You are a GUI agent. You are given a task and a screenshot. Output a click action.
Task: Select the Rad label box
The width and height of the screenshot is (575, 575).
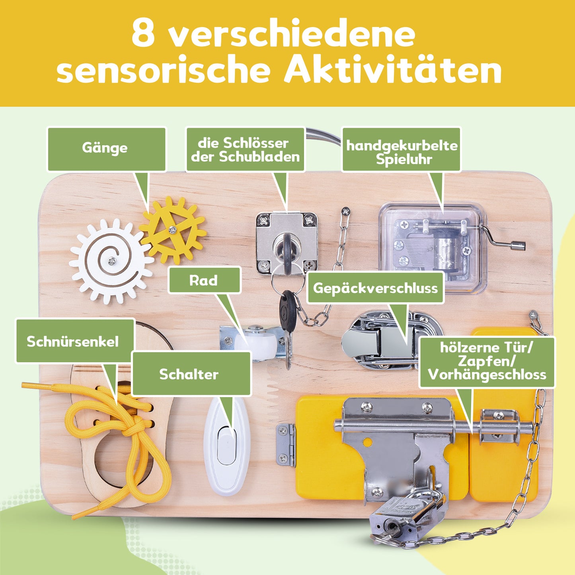[x=204, y=280]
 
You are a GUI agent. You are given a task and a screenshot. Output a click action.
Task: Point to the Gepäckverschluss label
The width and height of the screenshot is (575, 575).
[x=375, y=288]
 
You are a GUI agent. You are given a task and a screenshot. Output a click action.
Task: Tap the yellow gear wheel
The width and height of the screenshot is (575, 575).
[x=173, y=230]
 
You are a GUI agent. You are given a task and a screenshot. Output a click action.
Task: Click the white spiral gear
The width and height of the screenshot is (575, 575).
[x=111, y=261]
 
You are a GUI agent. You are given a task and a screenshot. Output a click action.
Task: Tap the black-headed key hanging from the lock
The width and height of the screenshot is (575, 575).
[x=287, y=310]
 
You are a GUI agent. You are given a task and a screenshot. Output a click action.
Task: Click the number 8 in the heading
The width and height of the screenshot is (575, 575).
[x=143, y=33]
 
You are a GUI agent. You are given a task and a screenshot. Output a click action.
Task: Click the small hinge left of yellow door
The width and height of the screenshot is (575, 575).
[x=286, y=445]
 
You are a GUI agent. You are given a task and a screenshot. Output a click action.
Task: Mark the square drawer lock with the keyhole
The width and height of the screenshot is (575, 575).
[x=287, y=243]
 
